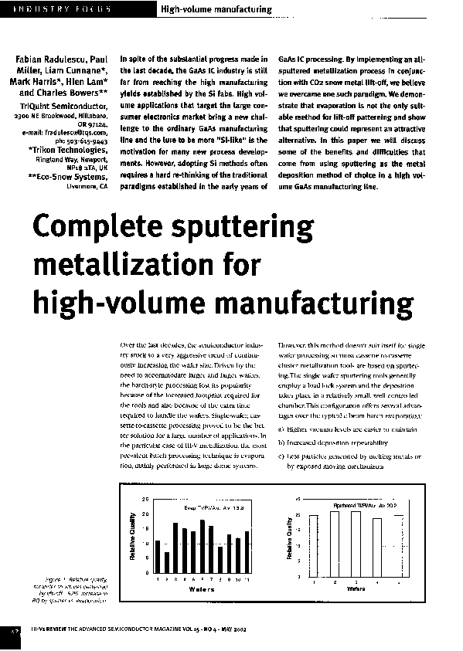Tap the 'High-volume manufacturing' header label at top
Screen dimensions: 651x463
pyautogui.click(x=216, y=9)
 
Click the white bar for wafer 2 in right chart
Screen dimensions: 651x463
pyautogui.click(x=335, y=543)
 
